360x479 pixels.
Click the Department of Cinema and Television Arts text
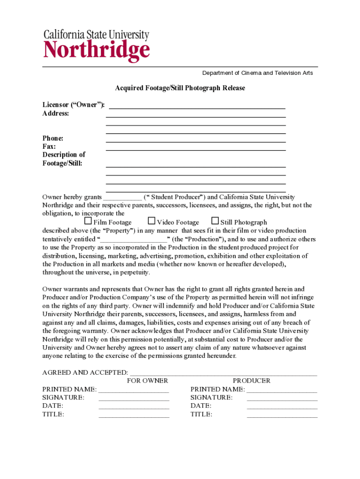[x=257, y=73]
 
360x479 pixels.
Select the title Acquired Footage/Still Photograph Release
[x=180, y=88]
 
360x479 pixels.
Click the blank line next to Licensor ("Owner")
[x=196, y=107]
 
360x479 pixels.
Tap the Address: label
[x=56, y=113]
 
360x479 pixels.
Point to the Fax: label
[x=49, y=146]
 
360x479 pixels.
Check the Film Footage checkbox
[x=88, y=221]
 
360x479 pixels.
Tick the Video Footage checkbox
[x=151, y=221]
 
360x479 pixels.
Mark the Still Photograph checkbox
[x=215, y=221]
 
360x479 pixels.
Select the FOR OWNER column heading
[x=147, y=381]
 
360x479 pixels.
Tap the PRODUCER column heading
[x=252, y=381]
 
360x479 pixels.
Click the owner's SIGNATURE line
[x=134, y=399]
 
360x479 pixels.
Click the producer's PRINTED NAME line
[x=281, y=391]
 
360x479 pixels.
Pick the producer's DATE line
[x=281, y=407]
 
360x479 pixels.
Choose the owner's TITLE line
[x=134, y=416]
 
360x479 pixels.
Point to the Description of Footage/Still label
[x=64, y=159]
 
